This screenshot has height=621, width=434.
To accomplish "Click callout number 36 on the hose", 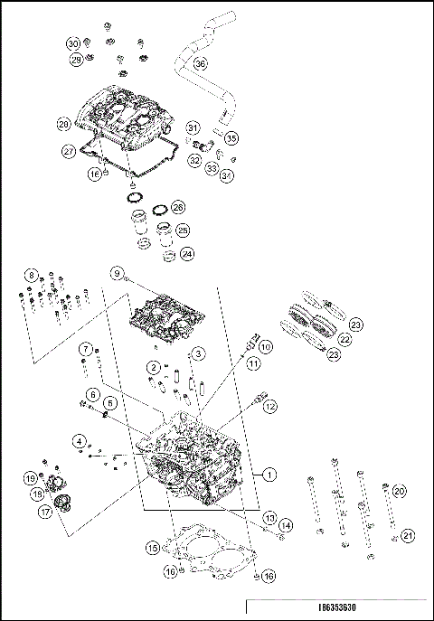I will tap(200, 64).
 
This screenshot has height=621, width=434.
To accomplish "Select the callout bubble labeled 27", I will tap(69, 151).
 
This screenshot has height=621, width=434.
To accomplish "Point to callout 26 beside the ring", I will tap(178, 207).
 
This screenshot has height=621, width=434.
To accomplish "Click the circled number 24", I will tap(187, 254).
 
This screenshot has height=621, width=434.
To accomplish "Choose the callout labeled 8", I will tap(32, 275).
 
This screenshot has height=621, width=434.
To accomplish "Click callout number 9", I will tap(117, 272).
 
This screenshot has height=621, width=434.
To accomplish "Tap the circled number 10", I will tap(265, 346).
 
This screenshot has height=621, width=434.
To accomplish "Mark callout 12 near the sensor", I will tap(269, 407).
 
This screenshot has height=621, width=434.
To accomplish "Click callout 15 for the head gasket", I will tap(153, 547).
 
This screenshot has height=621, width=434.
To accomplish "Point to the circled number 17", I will tap(44, 511).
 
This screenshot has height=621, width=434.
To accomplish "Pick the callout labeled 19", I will tap(30, 478).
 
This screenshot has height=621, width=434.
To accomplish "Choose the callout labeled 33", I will tap(211, 168).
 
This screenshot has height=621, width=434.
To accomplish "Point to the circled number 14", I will tap(285, 525).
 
